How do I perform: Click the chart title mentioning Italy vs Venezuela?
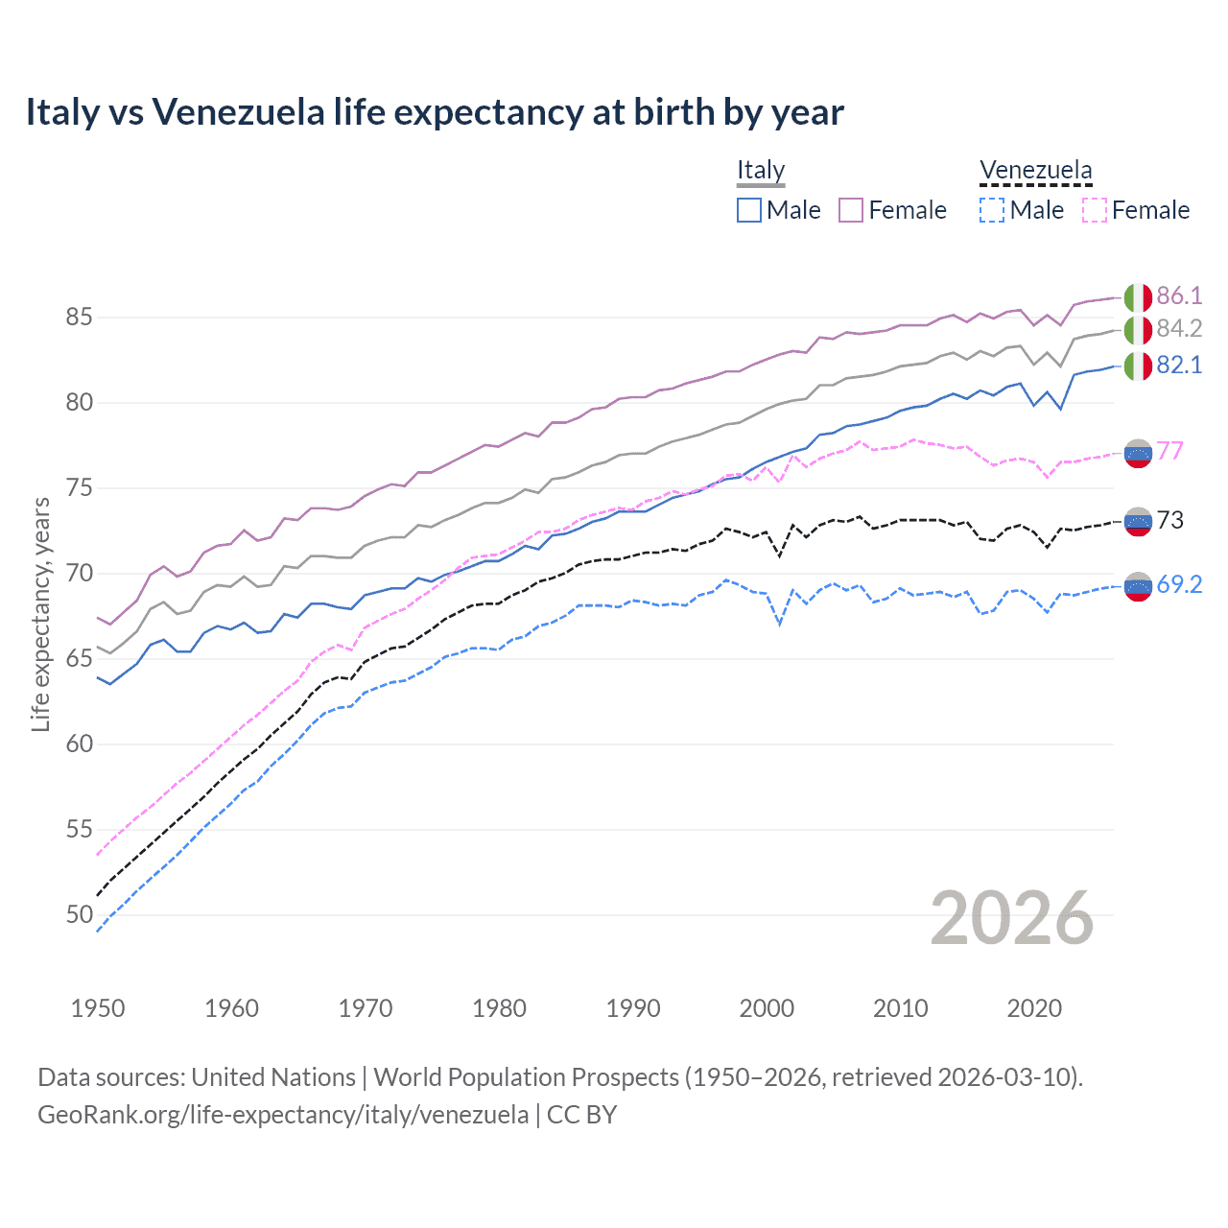pyautogui.click(x=434, y=112)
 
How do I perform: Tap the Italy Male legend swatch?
pyautogui.click(x=749, y=210)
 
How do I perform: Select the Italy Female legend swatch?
pyautogui.click(x=851, y=210)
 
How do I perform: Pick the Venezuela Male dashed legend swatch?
pyautogui.click(x=992, y=210)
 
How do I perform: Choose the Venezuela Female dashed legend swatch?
pyautogui.click(x=1095, y=210)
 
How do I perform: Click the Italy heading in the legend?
pyautogui.click(x=761, y=170)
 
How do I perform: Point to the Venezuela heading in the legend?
pyautogui.click(x=1035, y=170)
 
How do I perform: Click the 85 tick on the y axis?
pyautogui.click(x=80, y=317)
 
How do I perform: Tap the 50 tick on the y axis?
pyautogui.click(x=80, y=914)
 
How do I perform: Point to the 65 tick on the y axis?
pyautogui.click(x=80, y=658)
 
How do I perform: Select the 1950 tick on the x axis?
pyautogui.click(x=98, y=1008)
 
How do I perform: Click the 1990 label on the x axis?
pyautogui.click(x=632, y=1008)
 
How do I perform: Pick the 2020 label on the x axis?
pyautogui.click(x=1033, y=1008)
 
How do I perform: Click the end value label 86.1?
pyautogui.click(x=1179, y=295)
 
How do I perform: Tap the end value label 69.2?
pyautogui.click(x=1179, y=584)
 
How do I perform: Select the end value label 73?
pyautogui.click(x=1170, y=520)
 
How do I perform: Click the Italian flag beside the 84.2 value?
pyautogui.click(x=1138, y=330)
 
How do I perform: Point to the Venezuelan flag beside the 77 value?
pyautogui.click(x=1138, y=453)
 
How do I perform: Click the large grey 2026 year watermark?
pyautogui.click(x=1011, y=918)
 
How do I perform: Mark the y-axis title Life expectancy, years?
pyautogui.click(x=40, y=614)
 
